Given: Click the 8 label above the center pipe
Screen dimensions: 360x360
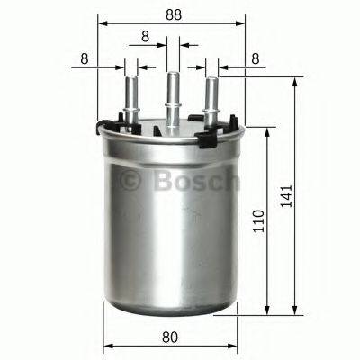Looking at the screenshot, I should (145, 37).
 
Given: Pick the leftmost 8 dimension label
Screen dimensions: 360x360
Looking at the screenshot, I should (84, 58).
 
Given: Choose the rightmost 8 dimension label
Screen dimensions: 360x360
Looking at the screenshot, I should (256, 58).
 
